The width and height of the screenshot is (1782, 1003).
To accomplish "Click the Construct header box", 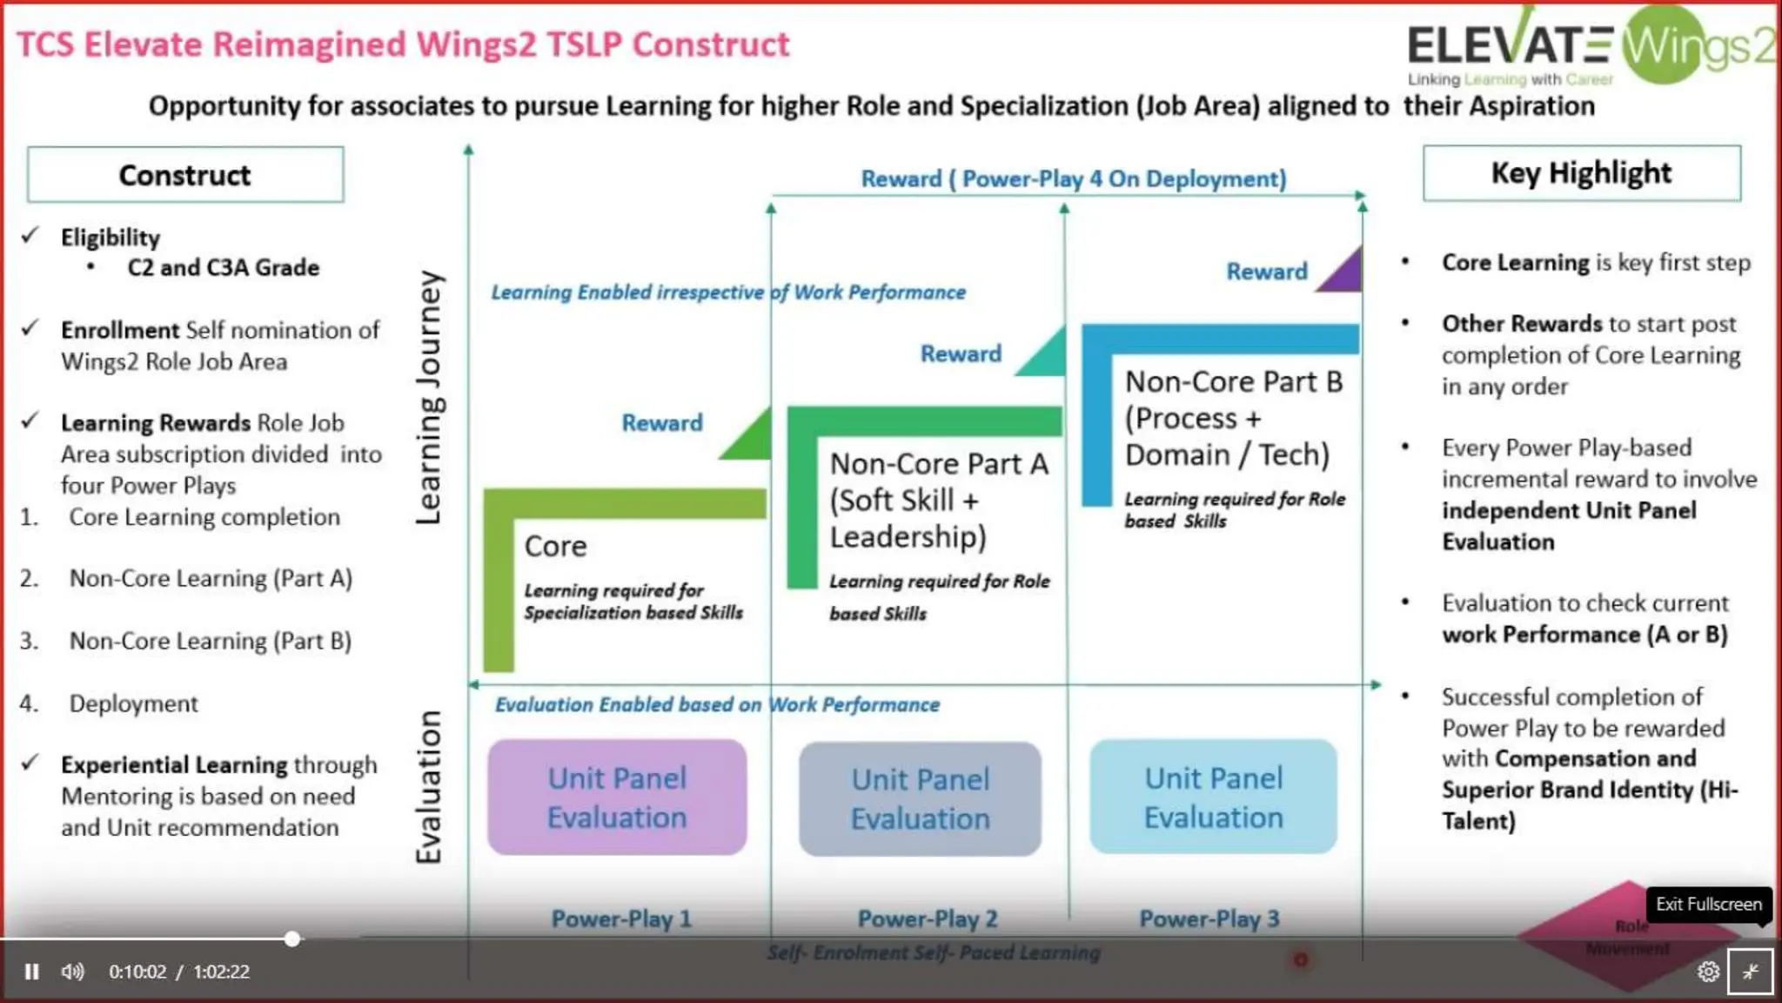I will (185, 175).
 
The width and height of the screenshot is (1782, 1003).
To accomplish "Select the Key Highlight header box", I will (1581, 173).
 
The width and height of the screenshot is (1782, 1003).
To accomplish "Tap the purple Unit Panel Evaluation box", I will (617, 798).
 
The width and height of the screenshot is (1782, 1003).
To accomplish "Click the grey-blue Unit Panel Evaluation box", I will (920, 799).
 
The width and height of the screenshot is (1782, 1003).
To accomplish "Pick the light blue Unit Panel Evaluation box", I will (1213, 798).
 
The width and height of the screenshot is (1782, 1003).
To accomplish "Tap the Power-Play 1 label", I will (621, 919).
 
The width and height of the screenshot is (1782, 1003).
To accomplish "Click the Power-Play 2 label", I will (928, 919).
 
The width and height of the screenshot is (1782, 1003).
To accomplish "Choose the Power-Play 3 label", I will (1209, 919).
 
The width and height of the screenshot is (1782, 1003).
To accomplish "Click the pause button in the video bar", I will (32, 972).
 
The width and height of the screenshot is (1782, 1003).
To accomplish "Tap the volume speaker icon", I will (73, 972).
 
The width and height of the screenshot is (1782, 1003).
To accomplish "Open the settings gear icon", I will (1708, 972).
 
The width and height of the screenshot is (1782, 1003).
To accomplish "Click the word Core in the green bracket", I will (555, 547).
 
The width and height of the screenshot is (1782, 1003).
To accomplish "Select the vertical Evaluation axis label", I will (429, 787).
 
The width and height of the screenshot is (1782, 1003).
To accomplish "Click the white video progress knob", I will (292, 939).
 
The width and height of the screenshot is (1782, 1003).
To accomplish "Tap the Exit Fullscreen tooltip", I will (1708, 904).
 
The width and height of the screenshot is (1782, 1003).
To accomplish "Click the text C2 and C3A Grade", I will (224, 267).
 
